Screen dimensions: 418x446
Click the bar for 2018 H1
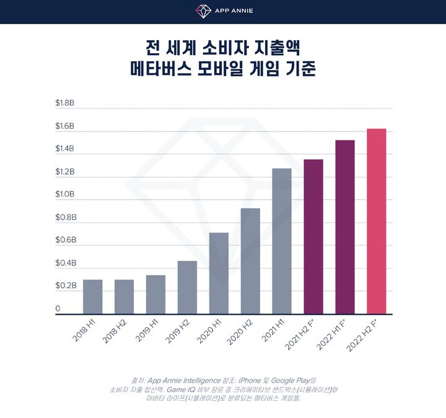tap(92, 297)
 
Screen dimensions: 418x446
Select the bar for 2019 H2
tap(187, 287)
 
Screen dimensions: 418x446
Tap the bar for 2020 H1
tap(219, 273)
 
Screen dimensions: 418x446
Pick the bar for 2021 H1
tap(282, 241)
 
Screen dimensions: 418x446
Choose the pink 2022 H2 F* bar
tap(377, 221)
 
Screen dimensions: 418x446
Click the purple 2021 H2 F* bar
tap(313, 237)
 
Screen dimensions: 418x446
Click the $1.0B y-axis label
tap(65, 194)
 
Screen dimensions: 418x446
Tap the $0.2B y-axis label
tap(65, 285)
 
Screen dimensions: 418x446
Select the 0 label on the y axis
tap(58, 308)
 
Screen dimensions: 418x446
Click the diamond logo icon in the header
tap(203, 11)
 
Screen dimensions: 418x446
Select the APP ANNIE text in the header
tap(233, 11)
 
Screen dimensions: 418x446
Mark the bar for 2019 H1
tap(155, 294)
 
